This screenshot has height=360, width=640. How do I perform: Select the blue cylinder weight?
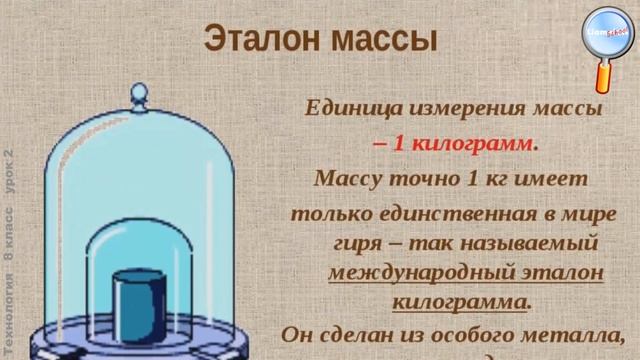click(137, 299)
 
